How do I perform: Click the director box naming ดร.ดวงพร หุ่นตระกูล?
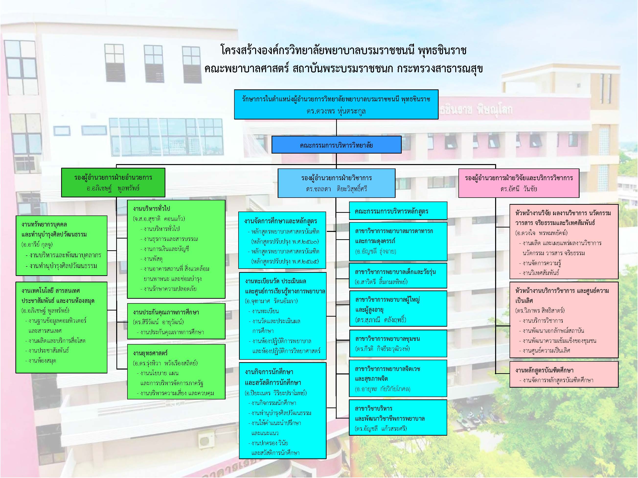pos(336,105)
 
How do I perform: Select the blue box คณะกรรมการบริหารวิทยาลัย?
pos(336,145)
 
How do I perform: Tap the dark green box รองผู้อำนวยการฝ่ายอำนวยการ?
pos(113,182)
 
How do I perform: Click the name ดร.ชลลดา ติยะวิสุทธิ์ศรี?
pos(336,189)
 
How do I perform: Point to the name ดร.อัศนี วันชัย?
pos(519,189)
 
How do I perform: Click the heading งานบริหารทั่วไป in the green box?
pos(151,208)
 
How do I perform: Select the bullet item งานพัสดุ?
pos(153,259)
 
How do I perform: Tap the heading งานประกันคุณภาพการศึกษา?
pos(166,312)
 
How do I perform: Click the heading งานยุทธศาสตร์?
pos(150,353)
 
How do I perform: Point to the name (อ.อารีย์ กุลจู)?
pos(37,244)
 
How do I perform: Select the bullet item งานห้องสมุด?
pos(42,360)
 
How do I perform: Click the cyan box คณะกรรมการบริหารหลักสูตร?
pos(391,211)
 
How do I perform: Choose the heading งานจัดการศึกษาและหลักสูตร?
pos(280,221)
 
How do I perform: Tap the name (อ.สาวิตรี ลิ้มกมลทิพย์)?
pos(381,282)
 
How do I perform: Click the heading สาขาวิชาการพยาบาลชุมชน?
pos(387,339)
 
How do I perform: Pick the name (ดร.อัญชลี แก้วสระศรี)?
pos(381,428)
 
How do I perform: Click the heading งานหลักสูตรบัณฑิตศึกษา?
pos(544,370)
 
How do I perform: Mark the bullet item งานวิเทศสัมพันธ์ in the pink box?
pos(541,273)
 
